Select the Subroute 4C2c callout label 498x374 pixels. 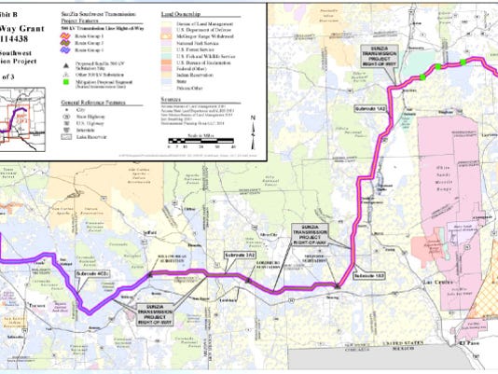point(93,273)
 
